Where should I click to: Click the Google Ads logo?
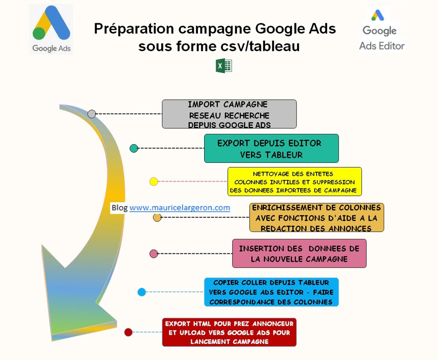tap(51, 29)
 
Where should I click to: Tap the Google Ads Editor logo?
tap(381, 30)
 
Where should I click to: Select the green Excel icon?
tap(224, 66)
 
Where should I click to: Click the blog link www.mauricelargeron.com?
tap(180, 208)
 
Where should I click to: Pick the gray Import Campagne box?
tap(229, 114)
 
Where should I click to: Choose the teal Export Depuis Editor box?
tap(271, 148)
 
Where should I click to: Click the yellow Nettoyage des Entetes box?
tap(294, 182)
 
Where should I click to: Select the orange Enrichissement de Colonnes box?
tap(317, 217)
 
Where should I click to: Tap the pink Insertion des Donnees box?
tap(299, 253)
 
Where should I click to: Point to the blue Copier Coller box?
tap(271, 292)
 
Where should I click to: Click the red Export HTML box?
tap(229, 332)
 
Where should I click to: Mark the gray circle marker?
tap(92, 114)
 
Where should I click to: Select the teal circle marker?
tap(134, 148)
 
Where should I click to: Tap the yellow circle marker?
tap(154, 182)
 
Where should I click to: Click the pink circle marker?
tap(154, 254)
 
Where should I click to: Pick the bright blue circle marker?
tap(141, 292)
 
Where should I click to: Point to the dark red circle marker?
tap(128, 332)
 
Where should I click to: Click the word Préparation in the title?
tap(134, 29)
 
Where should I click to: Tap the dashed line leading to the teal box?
tap(171, 148)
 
